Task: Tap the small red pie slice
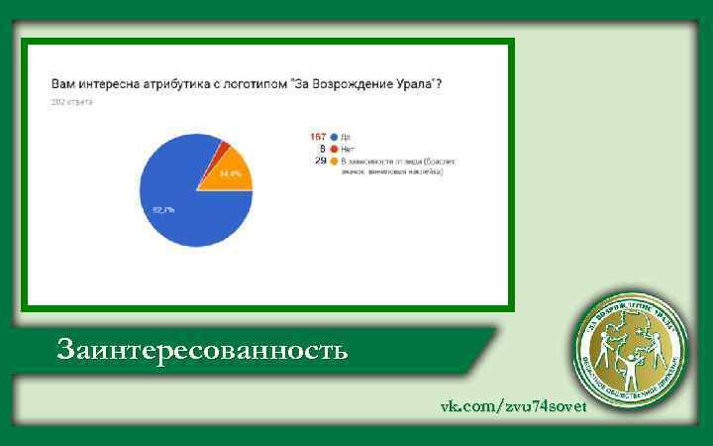[225, 146]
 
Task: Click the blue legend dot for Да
[335, 136]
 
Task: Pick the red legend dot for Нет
[335, 149]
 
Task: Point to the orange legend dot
[335, 161]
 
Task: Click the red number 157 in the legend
[319, 136]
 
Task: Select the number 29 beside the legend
[321, 161]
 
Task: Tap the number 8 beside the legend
[323, 149]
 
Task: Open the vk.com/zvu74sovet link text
[513, 407]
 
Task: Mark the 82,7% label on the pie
[162, 209]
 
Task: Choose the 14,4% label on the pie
[231, 174]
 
